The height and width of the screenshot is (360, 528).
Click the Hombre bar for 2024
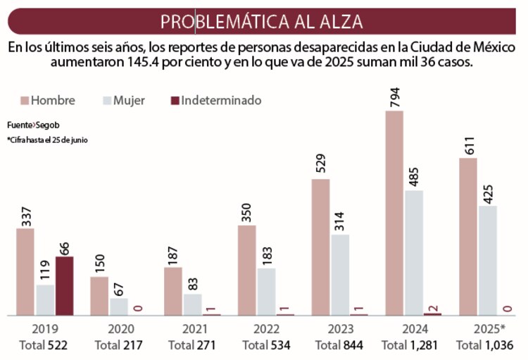click(394, 211)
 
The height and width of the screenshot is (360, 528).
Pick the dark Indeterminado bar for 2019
click(64, 285)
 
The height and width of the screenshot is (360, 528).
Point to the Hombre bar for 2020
click(99, 295)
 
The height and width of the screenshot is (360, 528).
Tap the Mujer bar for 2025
click(487, 260)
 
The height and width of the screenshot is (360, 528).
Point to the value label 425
click(487, 191)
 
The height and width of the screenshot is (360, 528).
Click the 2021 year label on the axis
click(191, 329)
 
